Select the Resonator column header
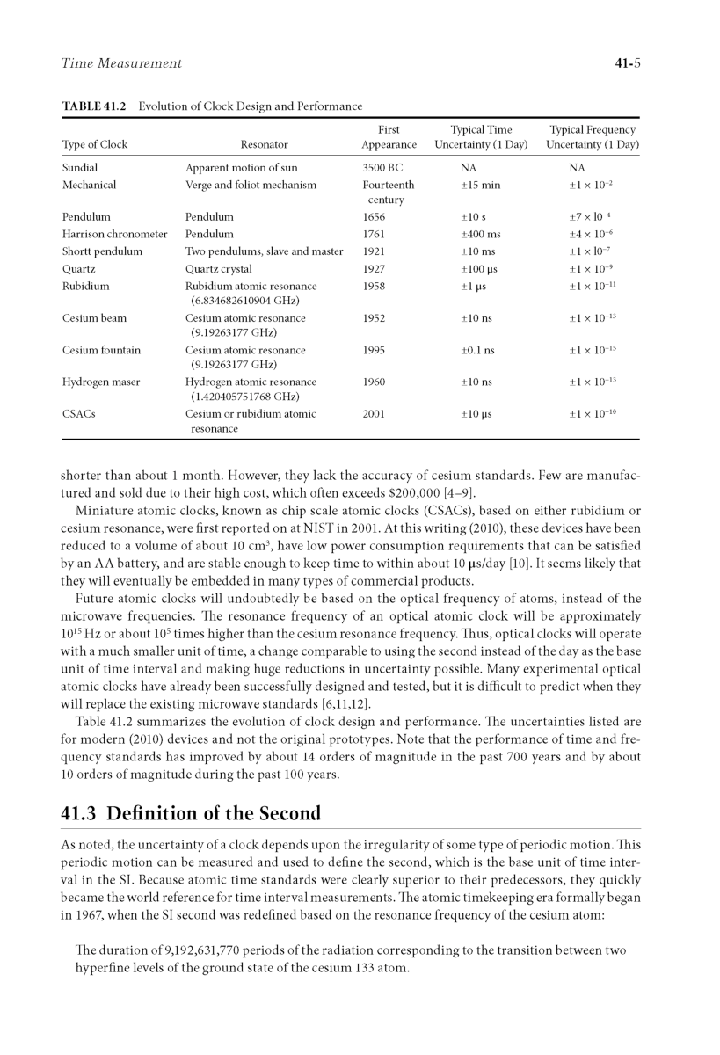tap(264, 144)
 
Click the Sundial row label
tap(80, 167)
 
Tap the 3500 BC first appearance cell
tap(382, 167)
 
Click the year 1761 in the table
tap(374, 235)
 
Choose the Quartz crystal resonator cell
tap(218, 269)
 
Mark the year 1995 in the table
tap(374, 350)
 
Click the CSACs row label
tap(76, 414)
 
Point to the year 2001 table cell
tap(374, 414)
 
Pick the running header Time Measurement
tap(122, 63)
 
